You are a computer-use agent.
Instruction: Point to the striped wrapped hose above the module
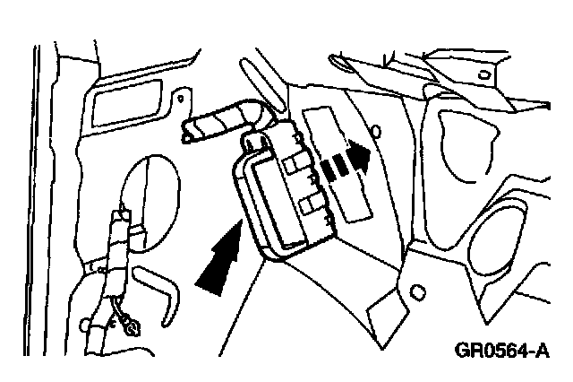[220, 120]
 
